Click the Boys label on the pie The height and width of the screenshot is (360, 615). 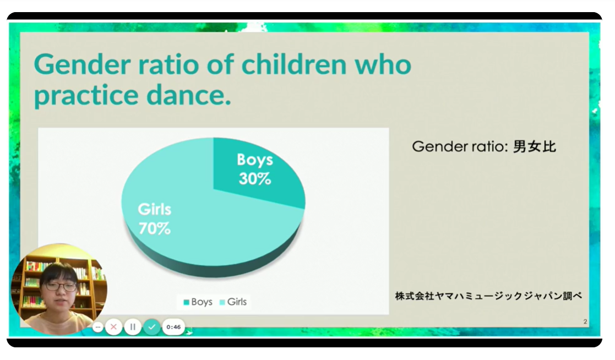[255, 160]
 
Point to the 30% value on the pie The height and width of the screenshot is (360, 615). [255, 179]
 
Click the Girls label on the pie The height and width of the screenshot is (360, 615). [155, 209]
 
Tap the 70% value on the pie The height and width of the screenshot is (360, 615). [155, 228]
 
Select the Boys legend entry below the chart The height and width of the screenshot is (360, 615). [198, 302]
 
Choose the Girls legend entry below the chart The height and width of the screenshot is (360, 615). [233, 302]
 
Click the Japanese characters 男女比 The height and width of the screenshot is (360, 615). [534, 146]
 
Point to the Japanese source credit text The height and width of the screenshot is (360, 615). [488, 296]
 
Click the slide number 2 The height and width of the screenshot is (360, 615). [585, 321]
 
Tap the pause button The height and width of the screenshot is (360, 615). [133, 326]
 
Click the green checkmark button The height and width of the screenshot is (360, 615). [152, 326]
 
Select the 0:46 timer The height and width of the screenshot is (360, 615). [173, 326]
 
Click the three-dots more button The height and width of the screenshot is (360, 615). [97, 326]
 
